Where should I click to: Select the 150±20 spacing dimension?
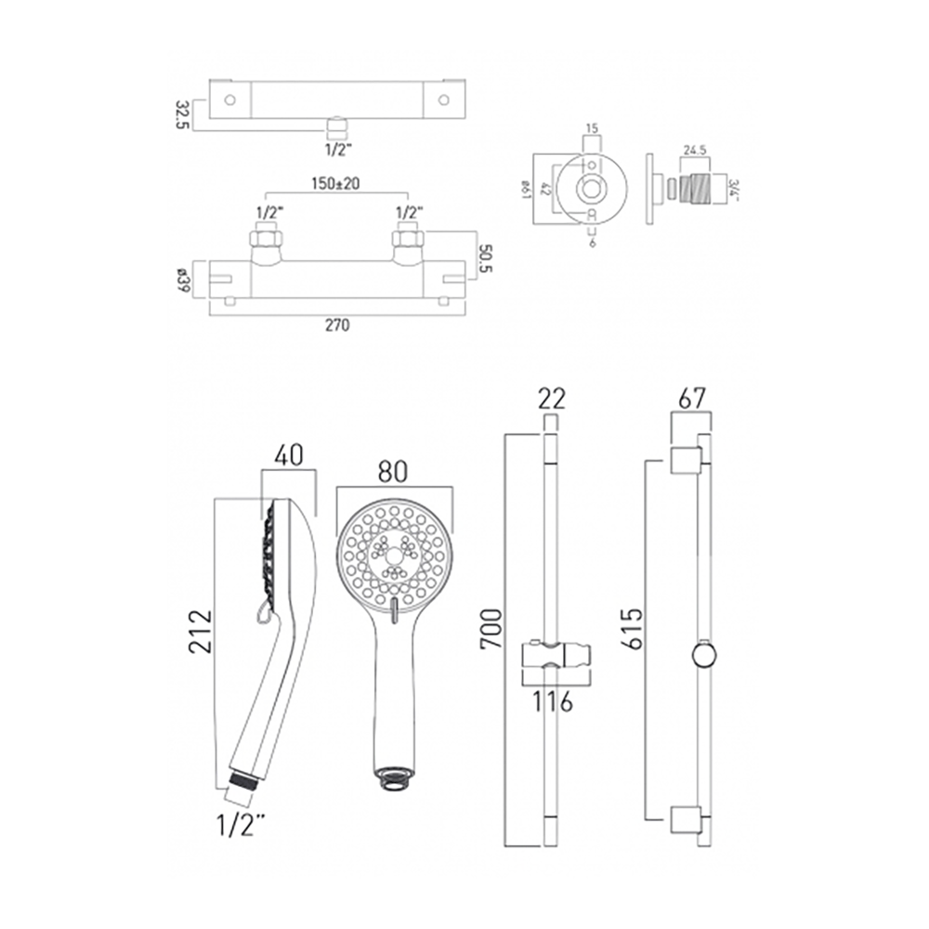pyautogui.click(x=337, y=184)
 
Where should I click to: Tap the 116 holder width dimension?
pyautogui.click(x=556, y=701)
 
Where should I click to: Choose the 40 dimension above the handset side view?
pyautogui.click(x=289, y=455)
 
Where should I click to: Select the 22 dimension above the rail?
pyautogui.click(x=550, y=399)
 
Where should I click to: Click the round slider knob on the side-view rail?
pyautogui.click(x=705, y=656)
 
